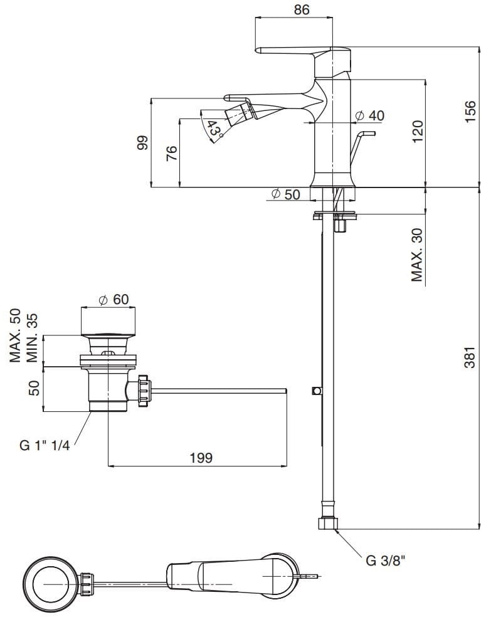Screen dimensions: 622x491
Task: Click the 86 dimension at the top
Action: (x=301, y=10)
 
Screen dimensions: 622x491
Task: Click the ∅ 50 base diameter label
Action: (x=285, y=194)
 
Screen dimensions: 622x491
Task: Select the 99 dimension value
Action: (x=142, y=144)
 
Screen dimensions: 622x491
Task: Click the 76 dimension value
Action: (x=172, y=153)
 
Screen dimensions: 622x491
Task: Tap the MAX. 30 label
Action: (x=418, y=254)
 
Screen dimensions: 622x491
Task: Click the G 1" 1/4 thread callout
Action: (x=46, y=446)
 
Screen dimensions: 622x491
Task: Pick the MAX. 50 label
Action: (x=16, y=335)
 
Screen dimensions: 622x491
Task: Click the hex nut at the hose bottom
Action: (x=329, y=524)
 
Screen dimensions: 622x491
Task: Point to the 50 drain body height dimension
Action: (x=35, y=387)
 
